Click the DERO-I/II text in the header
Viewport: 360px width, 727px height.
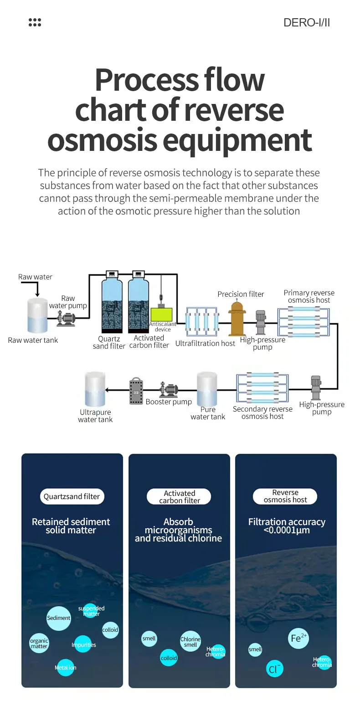click(306, 23)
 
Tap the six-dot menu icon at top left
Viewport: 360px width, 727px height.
click(35, 22)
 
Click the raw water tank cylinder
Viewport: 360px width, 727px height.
click(37, 315)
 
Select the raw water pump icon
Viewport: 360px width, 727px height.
click(67, 319)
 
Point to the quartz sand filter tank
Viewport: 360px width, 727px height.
click(112, 305)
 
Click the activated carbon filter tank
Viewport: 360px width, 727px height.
click(139, 305)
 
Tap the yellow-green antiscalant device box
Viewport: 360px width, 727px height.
click(161, 314)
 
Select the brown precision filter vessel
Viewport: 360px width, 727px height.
click(237, 319)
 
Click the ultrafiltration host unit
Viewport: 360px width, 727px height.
click(202, 321)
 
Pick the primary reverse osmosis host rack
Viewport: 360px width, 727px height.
click(303, 322)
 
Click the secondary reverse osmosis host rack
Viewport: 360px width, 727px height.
click(262, 388)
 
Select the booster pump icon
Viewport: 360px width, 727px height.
click(168, 390)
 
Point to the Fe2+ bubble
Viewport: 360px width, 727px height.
click(298, 638)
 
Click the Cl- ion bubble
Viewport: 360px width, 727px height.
click(274, 669)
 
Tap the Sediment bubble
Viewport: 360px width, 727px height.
click(59, 618)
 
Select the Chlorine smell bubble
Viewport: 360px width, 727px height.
click(190, 642)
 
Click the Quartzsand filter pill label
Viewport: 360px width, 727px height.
click(72, 496)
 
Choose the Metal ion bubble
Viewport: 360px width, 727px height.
click(66, 667)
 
